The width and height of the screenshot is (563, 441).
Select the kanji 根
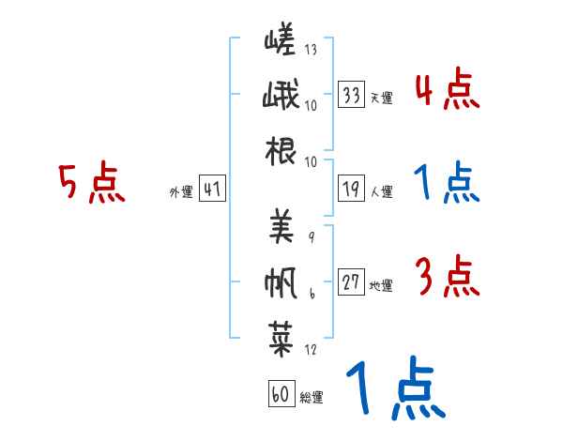click(x=281, y=151)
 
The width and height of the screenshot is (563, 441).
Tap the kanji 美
click(x=281, y=226)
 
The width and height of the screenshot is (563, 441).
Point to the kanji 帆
click(x=281, y=283)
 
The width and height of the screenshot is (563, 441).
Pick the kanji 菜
click(x=281, y=339)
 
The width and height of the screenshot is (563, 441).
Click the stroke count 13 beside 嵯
click(x=311, y=49)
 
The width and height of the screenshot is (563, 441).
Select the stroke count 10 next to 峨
click(x=311, y=106)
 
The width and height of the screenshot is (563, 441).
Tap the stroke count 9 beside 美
click(x=312, y=237)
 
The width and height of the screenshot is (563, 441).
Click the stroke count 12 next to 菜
click(x=311, y=349)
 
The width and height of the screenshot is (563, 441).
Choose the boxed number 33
click(x=352, y=94)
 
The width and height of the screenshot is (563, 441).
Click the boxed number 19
click(x=352, y=189)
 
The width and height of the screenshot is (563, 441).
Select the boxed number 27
click(x=352, y=281)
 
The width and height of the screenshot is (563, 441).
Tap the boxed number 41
click(x=212, y=189)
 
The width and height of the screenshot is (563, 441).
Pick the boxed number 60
click(x=281, y=393)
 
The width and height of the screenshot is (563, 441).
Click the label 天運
click(x=382, y=98)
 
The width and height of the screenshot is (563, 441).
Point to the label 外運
click(x=181, y=191)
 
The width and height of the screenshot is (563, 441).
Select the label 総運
click(x=312, y=398)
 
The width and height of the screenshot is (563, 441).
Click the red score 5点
click(x=92, y=182)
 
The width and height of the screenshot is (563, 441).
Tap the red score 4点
click(x=448, y=88)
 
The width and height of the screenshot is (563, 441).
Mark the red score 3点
click(x=448, y=276)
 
